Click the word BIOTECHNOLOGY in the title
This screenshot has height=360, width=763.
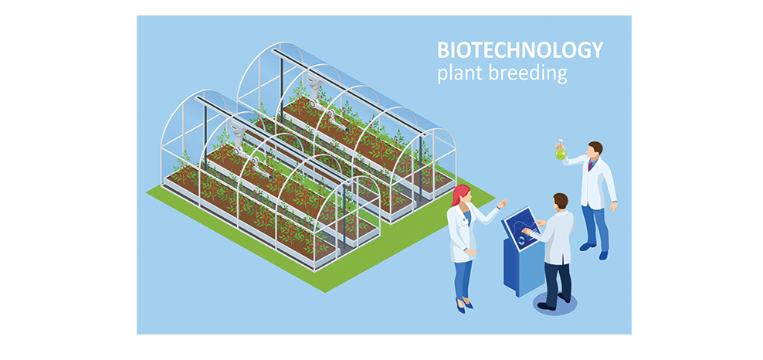coord(521,49)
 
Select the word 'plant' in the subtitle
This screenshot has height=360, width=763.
coord(458,73)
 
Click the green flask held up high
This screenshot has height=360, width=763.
coord(561,151)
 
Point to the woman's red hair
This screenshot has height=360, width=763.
coord(459,195)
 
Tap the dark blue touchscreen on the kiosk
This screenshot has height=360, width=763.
coord(521,229)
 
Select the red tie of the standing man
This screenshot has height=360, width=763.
coord(591,165)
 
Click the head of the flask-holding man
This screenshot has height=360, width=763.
coord(595,149)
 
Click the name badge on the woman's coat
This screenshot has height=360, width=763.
coord(464,222)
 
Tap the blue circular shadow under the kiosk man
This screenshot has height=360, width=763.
coord(554,304)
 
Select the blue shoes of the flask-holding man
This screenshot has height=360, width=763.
coord(595,250)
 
